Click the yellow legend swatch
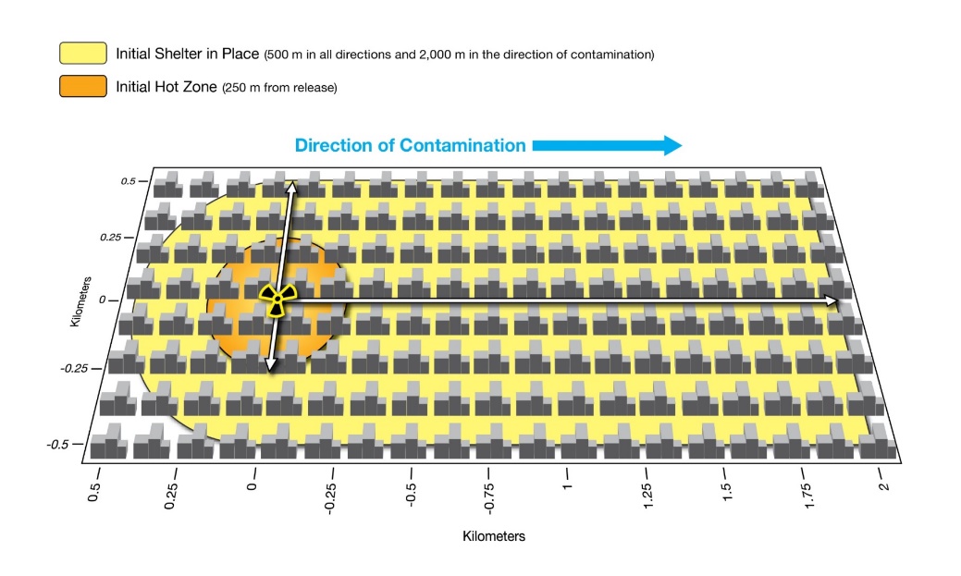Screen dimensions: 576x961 point(83,53)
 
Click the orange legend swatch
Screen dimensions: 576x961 point(83,87)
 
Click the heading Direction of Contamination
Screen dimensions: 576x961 point(410,145)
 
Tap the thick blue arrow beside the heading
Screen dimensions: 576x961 point(607,145)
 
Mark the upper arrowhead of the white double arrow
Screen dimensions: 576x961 point(290,188)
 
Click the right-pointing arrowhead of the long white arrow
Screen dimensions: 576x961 point(832,300)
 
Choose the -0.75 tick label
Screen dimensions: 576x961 point(487,496)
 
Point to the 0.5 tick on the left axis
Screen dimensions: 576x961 point(127,181)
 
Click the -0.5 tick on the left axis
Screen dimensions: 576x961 point(58,445)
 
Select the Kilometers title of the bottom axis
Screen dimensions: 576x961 point(494,535)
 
